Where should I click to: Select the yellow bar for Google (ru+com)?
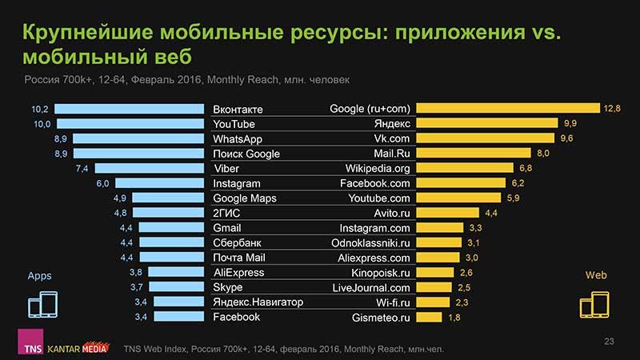tap(507, 109)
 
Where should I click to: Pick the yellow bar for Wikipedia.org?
tap(465, 168)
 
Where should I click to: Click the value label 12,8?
tap(613, 109)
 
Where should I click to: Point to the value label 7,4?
tap(81, 168)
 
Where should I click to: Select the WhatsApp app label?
tap(238, 138)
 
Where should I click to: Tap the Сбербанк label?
tap(238, 242)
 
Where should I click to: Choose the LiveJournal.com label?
tap(371, 287)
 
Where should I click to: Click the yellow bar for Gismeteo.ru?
tap(429, 317)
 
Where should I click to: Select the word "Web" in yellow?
tap(596, 275)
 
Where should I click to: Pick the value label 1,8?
tap(454, 318)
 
